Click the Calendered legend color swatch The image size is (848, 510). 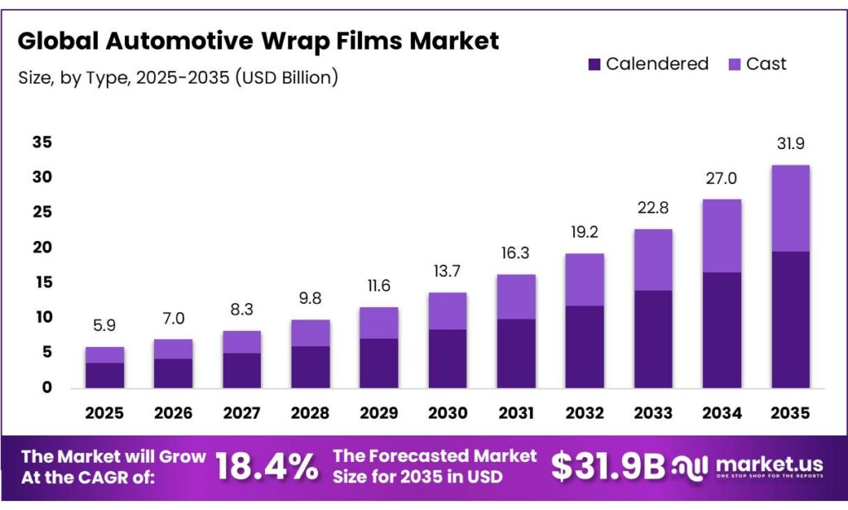coord(595,64)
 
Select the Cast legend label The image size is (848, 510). coord(766,64)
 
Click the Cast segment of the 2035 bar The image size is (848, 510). coord(790,208)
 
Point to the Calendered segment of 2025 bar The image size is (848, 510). coord(105,374)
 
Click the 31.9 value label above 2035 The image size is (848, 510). coord(790,144)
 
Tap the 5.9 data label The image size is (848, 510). coord(105,326)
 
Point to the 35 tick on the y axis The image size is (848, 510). coord(42,142)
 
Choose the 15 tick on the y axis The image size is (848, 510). coord(42,282)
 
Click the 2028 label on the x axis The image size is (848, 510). coord(309,411)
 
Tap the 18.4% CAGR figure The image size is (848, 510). coord(267,468)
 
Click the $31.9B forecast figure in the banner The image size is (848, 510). coord(609,468)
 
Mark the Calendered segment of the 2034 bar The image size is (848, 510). coord(722,330)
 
